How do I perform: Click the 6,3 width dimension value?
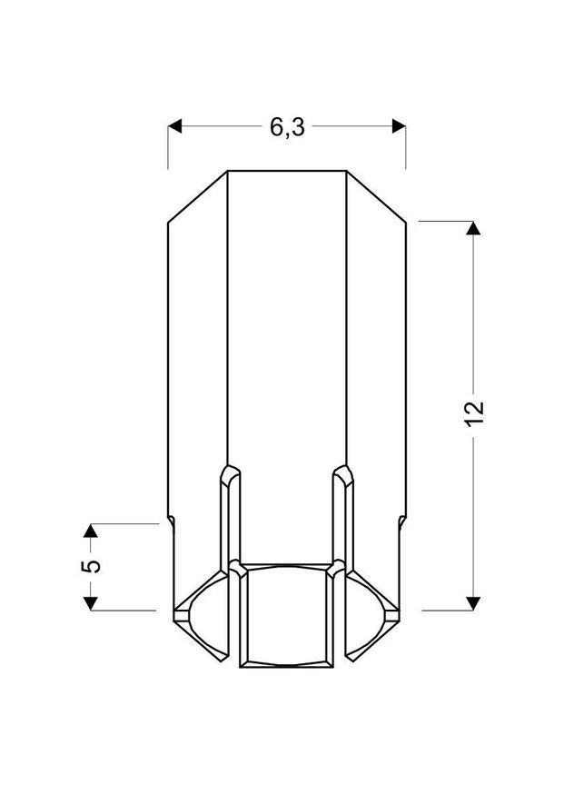(286, 128)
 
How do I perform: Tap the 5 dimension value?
(91, 566)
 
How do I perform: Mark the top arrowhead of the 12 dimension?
(471, 228)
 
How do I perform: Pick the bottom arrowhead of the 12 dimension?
(471, 602)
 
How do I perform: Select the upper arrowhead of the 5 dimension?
(91, 531)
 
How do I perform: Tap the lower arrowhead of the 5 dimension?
(91, 602)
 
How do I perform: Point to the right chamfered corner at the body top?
(376, 194)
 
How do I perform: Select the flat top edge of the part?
(286, 170)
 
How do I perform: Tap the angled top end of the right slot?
(343, 472)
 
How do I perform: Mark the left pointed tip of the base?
(174, 611)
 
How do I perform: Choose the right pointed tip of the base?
(399, 611)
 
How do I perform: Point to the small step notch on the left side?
(170, 520)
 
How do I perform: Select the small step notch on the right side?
(402, 520)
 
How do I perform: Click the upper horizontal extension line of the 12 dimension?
(445, 221)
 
